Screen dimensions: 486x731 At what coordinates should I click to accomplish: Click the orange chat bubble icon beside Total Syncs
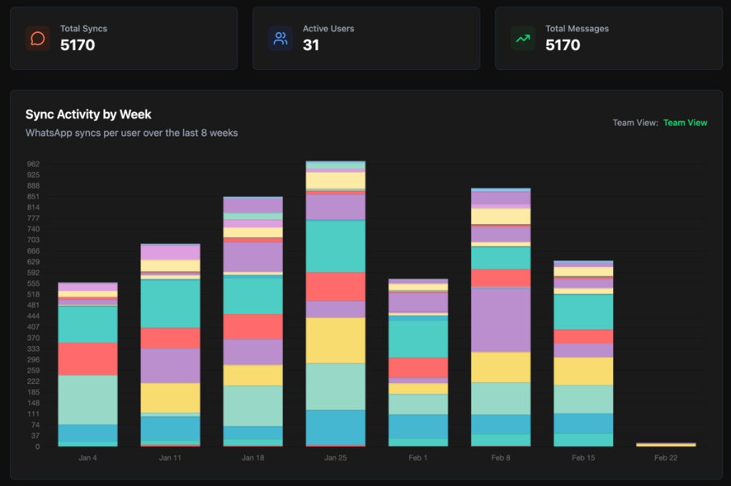37,39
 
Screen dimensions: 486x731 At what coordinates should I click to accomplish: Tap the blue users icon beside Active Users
281,39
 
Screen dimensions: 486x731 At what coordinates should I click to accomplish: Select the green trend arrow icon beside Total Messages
523,39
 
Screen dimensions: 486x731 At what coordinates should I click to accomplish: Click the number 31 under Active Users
311,46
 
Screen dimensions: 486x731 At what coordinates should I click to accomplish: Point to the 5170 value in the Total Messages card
563,46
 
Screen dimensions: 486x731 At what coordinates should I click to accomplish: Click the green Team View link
685,123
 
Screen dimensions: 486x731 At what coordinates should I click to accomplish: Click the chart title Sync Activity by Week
89,114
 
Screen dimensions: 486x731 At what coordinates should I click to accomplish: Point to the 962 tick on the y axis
33,163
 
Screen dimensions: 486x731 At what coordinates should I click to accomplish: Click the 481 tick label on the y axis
33,305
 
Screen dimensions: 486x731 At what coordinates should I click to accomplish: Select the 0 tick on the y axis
37,447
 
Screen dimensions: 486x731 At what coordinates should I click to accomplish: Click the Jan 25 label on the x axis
336,457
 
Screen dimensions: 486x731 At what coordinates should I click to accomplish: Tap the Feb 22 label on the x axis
665,457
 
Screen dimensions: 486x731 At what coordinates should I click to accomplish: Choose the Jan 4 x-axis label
88,457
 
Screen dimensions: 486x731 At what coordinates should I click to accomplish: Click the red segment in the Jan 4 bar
88,359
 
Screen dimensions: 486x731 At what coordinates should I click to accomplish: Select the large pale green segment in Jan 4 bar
88,400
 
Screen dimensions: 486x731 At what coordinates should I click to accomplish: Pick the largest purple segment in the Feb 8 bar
500,319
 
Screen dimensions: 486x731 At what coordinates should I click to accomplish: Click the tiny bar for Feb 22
665,445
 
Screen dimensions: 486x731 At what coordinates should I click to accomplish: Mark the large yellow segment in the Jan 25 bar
336,340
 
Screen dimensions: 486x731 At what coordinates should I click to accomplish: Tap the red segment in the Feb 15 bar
583,336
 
